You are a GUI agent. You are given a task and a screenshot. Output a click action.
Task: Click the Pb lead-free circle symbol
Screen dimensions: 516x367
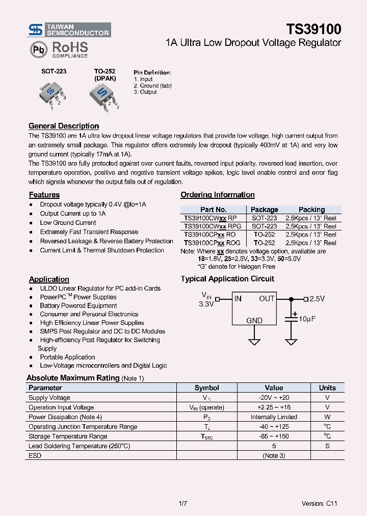(x=38, y=50)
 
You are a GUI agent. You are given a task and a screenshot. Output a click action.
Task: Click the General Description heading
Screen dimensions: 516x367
(x=64, y=126)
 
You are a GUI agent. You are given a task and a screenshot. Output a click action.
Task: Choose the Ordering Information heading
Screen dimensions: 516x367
(x=218, y=195)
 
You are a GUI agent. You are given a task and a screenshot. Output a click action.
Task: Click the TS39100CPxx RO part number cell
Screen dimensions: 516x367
(x=209, y=235)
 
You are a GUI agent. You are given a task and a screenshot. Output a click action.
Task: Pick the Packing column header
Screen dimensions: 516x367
(x=311, y=210)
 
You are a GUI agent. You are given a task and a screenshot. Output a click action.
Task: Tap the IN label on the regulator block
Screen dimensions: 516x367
(x=238, y=299)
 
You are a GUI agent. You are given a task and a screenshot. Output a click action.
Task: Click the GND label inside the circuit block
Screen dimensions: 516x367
(x=254, y=320)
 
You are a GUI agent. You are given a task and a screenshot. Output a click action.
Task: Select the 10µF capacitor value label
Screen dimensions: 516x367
(x=307, y=319)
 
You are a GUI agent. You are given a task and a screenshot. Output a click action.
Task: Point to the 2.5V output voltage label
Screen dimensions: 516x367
(x=317, y=299)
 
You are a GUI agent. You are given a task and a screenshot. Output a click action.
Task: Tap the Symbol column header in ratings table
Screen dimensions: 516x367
(x=207, y=388)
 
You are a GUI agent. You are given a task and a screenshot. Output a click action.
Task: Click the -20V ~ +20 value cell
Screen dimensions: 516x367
(x=274, y=398)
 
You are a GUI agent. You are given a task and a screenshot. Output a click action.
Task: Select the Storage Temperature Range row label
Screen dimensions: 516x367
(x=68, y=436)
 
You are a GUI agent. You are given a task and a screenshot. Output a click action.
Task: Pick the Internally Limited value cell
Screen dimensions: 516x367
(x=274, y=417)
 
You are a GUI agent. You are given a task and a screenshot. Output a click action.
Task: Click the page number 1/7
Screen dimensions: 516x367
(x=183, y=504)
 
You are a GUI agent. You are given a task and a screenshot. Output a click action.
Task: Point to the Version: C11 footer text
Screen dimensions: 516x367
(x=319, y=504)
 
